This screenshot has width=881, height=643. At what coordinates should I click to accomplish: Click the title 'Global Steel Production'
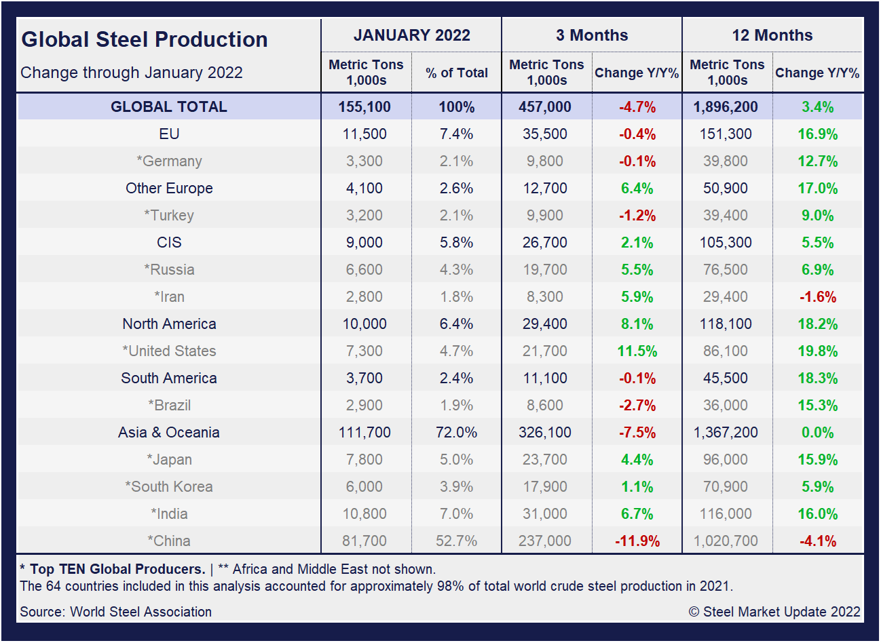pos(145,39)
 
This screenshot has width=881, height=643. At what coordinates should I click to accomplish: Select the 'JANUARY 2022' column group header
pos(411,35)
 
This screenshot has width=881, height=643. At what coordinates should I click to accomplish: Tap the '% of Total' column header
pos(457,73)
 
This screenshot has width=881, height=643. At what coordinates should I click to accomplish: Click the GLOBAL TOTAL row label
pos(169,106)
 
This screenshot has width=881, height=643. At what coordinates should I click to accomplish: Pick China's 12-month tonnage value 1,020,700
pos(726,541)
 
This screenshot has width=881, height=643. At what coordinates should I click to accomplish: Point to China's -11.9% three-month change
pos(637,541)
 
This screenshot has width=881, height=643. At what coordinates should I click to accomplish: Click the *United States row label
pos(169,351)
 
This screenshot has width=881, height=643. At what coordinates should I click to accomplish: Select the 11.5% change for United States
pos(637,351)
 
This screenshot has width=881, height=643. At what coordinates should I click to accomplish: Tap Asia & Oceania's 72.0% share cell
pos(457,432)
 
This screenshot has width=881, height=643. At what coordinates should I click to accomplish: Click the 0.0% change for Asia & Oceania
pos(817,433)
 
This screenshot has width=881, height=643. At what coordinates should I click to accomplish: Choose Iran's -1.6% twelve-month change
pos(817,297)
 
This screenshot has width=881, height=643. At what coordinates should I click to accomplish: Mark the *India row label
pos(169,513)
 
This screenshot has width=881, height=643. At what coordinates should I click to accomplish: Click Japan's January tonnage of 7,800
pos(364,459)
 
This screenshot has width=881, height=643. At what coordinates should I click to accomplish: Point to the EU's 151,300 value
pos(726,134)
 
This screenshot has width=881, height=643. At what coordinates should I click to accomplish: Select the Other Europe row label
pos(169,188)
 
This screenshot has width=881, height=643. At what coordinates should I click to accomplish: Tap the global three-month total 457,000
pos(545,106)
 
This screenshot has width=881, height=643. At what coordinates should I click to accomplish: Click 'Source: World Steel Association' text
pos(116,612)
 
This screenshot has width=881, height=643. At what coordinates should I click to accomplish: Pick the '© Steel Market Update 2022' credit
pos(774,612)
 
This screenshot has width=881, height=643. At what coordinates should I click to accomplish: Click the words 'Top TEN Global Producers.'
pos(117,569)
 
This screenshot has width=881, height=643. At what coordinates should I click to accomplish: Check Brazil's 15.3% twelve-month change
pos(817,406)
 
